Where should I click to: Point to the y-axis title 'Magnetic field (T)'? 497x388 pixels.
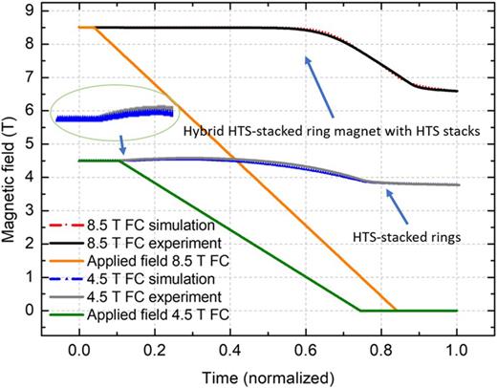pos(12,172)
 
